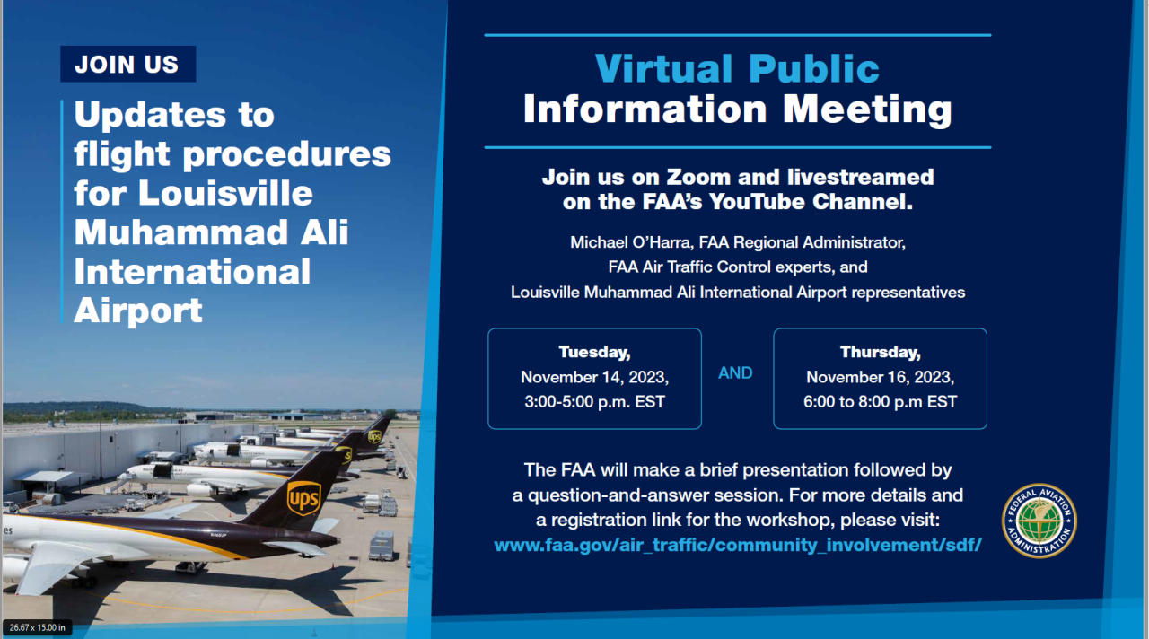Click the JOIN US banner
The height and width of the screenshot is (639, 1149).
tap(127, 64)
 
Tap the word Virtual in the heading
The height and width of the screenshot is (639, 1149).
tap(663, 68)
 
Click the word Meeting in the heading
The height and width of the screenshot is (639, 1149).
tap(867, 110)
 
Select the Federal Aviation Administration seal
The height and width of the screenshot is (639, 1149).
tap(1039, 521)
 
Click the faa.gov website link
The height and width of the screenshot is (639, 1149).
tap(738, 545)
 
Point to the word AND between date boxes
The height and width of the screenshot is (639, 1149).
tap(735, 372)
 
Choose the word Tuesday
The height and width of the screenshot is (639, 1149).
tap(594, 353)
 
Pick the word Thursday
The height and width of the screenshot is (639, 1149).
tap(881, 353)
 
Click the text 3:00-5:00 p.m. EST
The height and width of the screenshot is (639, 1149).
tap(594, 401)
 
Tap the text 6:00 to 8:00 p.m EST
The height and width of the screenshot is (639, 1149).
tap(881, 401)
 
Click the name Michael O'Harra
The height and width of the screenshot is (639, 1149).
tap(632, 242)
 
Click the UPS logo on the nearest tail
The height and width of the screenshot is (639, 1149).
tap(303, 498)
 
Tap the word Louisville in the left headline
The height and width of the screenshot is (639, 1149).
tap(225, 193)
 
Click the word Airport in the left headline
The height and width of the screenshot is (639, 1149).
tap(138, 311)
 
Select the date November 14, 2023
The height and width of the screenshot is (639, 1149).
tap(594, 378)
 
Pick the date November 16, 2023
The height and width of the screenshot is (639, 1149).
tap(881, 378)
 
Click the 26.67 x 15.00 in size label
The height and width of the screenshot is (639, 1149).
tap(38, 627)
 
